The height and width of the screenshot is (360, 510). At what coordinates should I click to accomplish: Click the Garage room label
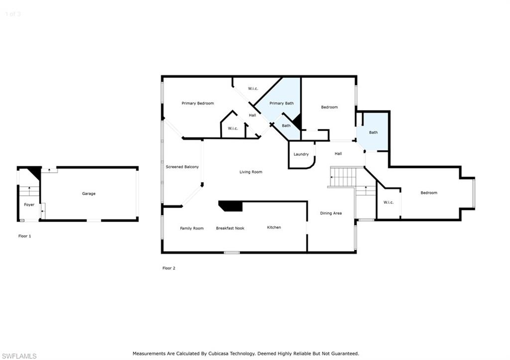[89, 194]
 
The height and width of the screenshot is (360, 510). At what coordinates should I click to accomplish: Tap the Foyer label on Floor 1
[29, 205]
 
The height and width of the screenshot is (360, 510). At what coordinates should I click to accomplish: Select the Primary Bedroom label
[198, 104]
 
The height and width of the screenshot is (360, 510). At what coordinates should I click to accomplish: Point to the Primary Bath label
[281, 104]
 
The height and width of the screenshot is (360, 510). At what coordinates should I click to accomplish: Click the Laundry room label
[301, 154]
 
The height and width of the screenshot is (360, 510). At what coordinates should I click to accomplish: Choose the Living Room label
[251, 172]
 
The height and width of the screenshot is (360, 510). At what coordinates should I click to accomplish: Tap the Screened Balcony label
[182, 167]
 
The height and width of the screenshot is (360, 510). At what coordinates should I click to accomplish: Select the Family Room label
[192, 228]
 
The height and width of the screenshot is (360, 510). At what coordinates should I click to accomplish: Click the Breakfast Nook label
[230, 228]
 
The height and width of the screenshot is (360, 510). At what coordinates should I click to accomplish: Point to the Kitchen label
[274, 228]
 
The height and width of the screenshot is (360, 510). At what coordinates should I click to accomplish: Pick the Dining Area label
[331, 214]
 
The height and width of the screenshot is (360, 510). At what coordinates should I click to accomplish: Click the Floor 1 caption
[25, 236]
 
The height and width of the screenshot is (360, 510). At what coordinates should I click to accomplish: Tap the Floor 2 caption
[169, 268]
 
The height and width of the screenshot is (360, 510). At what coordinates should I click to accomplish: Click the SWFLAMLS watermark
[19, 356]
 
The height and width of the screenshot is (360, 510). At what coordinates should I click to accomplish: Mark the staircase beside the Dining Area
[344, 177]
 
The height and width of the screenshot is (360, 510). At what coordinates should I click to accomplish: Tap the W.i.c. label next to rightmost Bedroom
[388, 202]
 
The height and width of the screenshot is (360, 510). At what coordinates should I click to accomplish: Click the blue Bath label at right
[374, 132]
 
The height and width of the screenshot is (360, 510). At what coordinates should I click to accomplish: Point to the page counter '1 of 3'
[12, 14]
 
